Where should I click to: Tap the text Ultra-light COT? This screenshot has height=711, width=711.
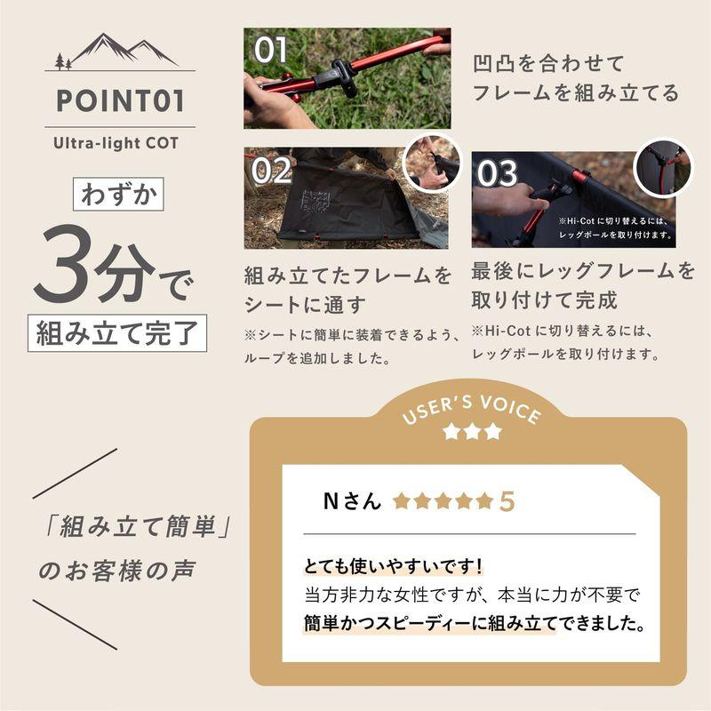(120, 142)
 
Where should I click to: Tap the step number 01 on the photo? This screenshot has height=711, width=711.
(269, 51)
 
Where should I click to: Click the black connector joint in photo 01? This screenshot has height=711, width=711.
(341, 76)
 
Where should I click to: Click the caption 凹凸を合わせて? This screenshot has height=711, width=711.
(549, 63)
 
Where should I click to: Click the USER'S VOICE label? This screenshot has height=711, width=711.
(471, 411)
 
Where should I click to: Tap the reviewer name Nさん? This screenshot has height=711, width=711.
(352, 501)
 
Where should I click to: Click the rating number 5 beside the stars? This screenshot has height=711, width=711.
(507, 501)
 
